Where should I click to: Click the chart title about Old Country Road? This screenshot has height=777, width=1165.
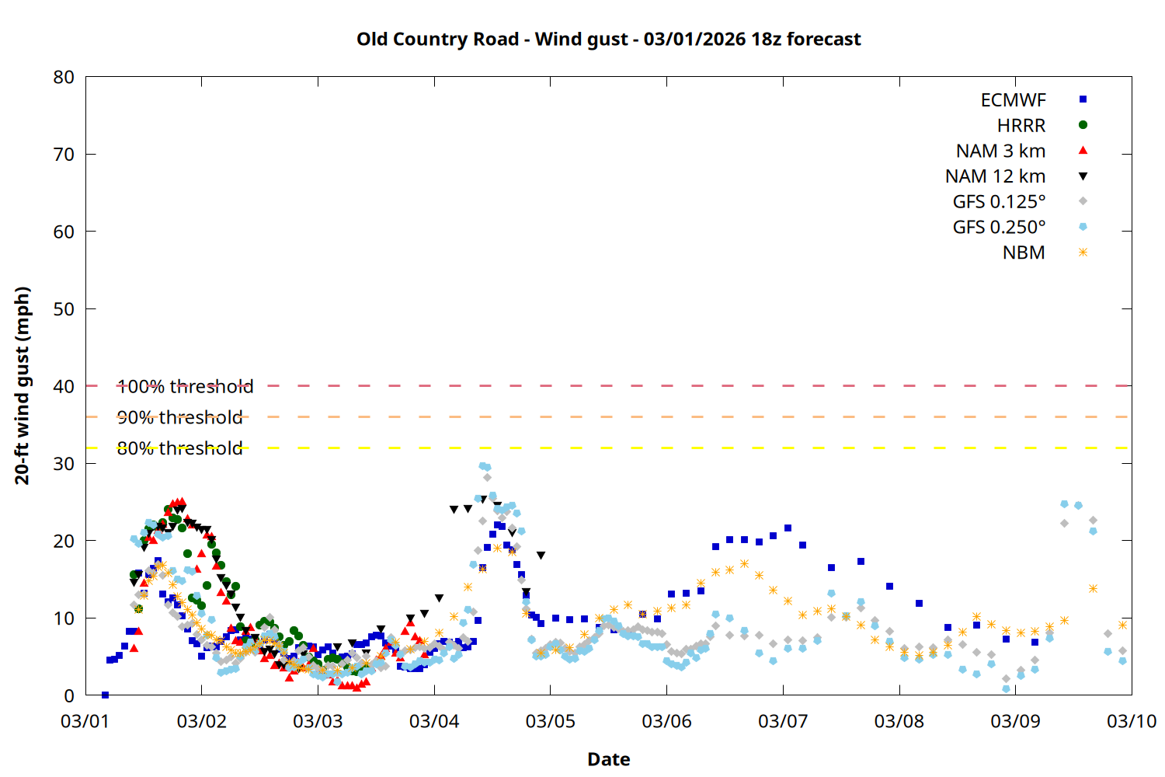click(608, 40)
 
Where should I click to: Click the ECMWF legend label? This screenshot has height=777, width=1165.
click(1013, 100)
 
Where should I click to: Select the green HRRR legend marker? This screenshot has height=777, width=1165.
click(1083, 125)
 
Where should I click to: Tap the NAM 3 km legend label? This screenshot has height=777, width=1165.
click(1000, 151)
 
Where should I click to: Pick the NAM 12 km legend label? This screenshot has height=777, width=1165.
click(995, 176)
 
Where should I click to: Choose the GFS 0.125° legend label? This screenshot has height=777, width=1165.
click(999, 202)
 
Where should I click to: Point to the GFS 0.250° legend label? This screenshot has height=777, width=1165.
click(999, 228)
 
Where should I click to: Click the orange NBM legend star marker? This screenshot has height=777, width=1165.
click(1083, 253)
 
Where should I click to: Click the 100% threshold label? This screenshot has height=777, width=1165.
click(185, 386)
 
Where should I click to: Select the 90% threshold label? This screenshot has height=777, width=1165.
click(179, 417)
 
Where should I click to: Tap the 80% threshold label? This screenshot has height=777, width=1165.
click(179, 448)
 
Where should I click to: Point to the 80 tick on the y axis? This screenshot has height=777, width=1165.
click(64, 77)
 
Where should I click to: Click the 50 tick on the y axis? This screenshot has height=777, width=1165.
click(64, 309)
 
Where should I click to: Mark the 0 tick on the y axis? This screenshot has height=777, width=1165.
click(69, 696)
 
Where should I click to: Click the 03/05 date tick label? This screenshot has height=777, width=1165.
click(550, 721)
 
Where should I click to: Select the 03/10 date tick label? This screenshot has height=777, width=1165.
click(1131, 721)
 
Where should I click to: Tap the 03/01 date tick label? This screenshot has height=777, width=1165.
click(85, 721)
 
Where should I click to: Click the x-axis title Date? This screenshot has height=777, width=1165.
click(608, 759)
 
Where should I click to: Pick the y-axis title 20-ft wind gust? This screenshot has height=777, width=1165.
click(23, 385)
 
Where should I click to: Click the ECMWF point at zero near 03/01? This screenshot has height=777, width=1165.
click(105, 695)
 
